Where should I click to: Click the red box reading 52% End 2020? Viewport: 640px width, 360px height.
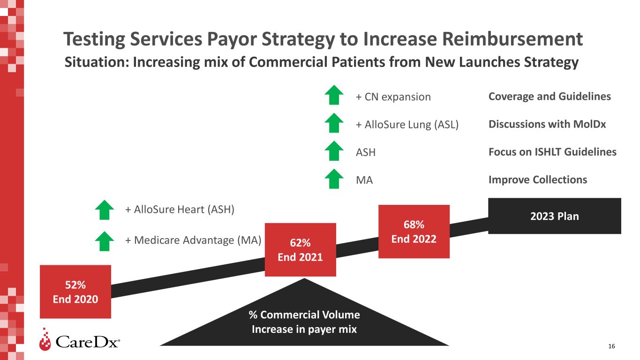tap(75, 292)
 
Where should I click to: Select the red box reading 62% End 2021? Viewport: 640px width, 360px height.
tap(300, 250)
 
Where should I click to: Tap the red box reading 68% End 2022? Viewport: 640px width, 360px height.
tap(414, 232)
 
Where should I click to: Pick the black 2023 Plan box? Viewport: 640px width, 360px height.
tap(555, 216)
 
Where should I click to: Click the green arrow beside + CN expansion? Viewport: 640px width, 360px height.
tap(334, 95)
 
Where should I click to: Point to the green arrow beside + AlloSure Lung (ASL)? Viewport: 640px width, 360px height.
tap(334, 123)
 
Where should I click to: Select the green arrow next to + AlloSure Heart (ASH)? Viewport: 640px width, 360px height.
tap(105, 210)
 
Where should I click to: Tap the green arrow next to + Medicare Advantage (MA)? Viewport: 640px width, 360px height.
tap(105, 241)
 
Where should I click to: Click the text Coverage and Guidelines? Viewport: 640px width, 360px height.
tap(550, 97)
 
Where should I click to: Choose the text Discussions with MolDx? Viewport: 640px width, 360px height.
tap(547, 124)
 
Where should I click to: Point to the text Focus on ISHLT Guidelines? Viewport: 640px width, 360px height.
tap(553, 152)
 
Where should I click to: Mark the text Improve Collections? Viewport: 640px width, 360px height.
tap(538, 180)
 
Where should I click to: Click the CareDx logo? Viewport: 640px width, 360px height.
tap(80, 340)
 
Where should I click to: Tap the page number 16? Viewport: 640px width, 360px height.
tap(611, 346)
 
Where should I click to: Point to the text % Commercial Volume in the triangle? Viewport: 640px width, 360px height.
tap(304, 315)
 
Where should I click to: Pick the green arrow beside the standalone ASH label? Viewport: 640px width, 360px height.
tap(334, 151)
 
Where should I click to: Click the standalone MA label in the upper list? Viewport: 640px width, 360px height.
tap(364, 180)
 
